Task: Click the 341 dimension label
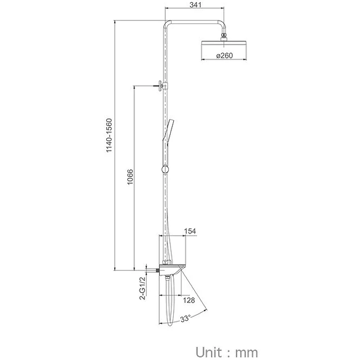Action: [196, 4]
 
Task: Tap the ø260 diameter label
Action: [224, 55]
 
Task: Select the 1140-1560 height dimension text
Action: [109, 135]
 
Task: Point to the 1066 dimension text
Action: [130, 177]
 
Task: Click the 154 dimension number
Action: [190, 231]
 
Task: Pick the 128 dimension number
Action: [189, 300]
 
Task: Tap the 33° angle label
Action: [185, 319]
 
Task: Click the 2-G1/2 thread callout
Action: [143, 288]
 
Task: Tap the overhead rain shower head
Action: [224, 44]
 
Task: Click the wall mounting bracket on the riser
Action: [162, 86]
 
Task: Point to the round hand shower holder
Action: [165, 170]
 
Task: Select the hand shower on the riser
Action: [166, 142]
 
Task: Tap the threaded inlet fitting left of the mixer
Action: [157, 270]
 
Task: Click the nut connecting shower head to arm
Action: [224, 37]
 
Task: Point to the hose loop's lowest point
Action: [170, 325]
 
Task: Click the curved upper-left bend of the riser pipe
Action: [166, 24]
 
